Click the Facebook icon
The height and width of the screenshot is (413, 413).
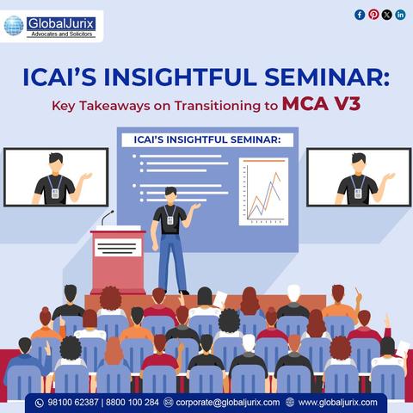pyautogui.click(x=360, y=15)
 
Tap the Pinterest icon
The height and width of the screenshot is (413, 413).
pyautogui.click(x=373, y=15)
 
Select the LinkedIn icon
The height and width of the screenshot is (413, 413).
pyautogui.click(x=400, y=15)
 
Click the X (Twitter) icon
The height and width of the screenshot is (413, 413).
pyautogui.click(x=387, y=15)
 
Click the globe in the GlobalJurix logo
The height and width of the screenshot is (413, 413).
pyautogui.click(x=14, y=26)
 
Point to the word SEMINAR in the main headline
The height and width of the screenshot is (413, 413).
pyautogui.click(x=327, y=77)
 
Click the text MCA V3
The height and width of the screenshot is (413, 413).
pyautogui.click(x=321, y=104)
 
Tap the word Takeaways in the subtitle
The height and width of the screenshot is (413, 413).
pyautogui.click(x=114, y=106)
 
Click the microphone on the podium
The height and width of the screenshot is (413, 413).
pyautogui.click(x=108, y=218)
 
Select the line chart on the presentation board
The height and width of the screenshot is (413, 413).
pyautogui.click(x=263, y=191)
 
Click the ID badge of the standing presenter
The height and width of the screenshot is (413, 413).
pyautogui.click(x=170, y=220)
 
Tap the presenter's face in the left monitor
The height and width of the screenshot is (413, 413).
pyautogui.click(x=56, y=164)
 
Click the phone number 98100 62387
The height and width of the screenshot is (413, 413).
pyautogui.click(x=73, y=403)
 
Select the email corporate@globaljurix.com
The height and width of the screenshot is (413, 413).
pyautogui.click(x=228, y=403)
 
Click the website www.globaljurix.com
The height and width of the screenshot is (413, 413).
pyautogui.click(x=338, y=403)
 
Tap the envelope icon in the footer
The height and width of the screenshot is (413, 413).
pyautogui.click(x=168, y=403)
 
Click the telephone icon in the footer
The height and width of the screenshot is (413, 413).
pyautogui.click(x=40, y=403)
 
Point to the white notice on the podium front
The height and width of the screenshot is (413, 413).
pyautogui.click(x=118, y=247)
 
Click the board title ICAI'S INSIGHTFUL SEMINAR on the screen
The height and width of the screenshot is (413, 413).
pyautogui.click(x=207, y=140)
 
